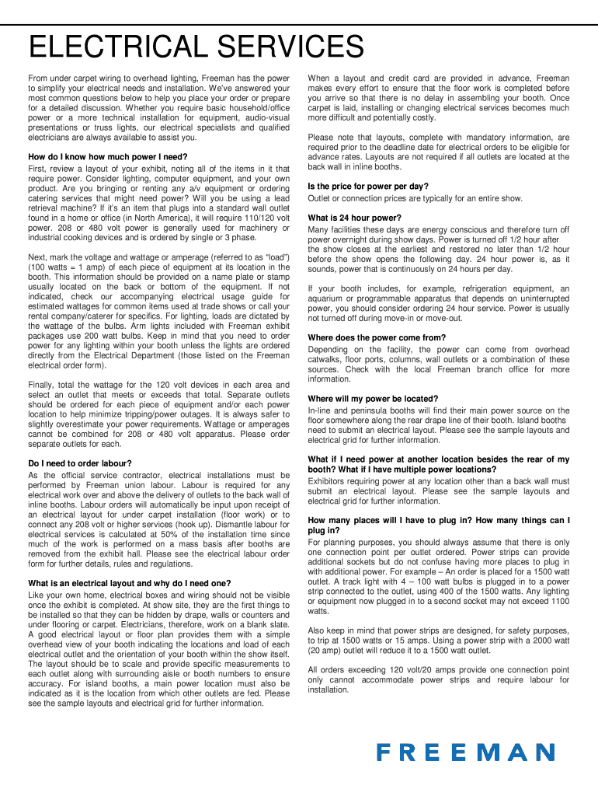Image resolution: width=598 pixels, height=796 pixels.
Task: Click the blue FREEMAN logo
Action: coord(466,752)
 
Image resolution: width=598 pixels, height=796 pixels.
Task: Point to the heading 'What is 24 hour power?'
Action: coord(355,218)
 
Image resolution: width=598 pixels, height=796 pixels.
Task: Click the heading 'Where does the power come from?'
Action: coord(377,337)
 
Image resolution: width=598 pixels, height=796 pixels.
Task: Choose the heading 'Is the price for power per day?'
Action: coord(368,187)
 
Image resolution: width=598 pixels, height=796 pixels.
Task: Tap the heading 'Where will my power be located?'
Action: coord(374,398)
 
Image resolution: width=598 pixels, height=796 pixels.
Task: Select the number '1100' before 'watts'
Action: coord(558,600)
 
